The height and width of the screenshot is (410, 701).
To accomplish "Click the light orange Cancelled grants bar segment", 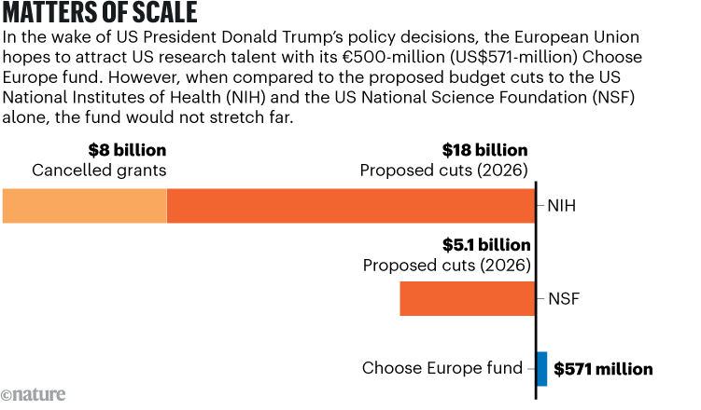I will pos(84,206).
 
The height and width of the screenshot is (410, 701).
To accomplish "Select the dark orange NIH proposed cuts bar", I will pos(350,206).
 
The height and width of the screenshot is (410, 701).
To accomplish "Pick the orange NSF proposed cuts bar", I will pos(467,298).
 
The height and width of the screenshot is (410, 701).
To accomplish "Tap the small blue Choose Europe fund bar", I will pos(542,369).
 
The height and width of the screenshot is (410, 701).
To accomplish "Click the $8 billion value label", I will pos(127,150).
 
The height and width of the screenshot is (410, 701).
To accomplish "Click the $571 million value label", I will pos(603,369).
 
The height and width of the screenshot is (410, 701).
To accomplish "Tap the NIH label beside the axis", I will pos(562,206).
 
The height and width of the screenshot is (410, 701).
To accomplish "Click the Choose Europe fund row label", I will pos(442,369).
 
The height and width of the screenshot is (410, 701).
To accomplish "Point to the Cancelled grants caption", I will pos(99,171).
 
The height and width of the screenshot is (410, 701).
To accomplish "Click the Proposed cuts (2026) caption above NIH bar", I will pos(443,171).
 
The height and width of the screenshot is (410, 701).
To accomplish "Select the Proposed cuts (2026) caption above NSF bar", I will pos(446,266).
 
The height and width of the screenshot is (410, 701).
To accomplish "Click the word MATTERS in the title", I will pos(56,16).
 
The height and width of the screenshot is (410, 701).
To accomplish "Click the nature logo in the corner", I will pos(34,395).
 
